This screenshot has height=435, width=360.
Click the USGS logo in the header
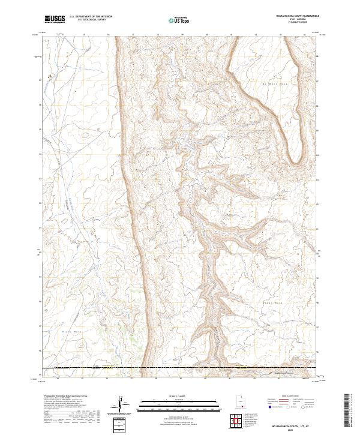(55, 19)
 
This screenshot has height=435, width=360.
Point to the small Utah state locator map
(241, 402)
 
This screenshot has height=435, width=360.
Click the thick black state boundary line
(180, 367)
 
